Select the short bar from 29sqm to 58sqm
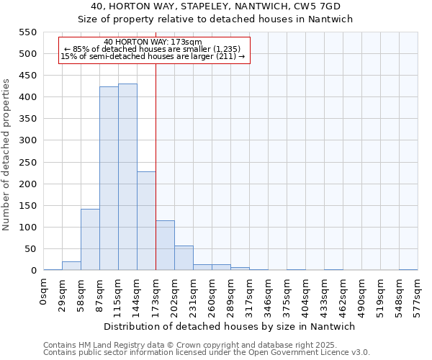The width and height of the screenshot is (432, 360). tap(71, 266)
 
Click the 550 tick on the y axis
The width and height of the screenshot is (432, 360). tap(27, 32)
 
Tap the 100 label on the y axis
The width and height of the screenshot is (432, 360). tap(27, 228)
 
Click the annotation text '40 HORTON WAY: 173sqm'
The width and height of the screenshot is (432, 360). tap(153, 42)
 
